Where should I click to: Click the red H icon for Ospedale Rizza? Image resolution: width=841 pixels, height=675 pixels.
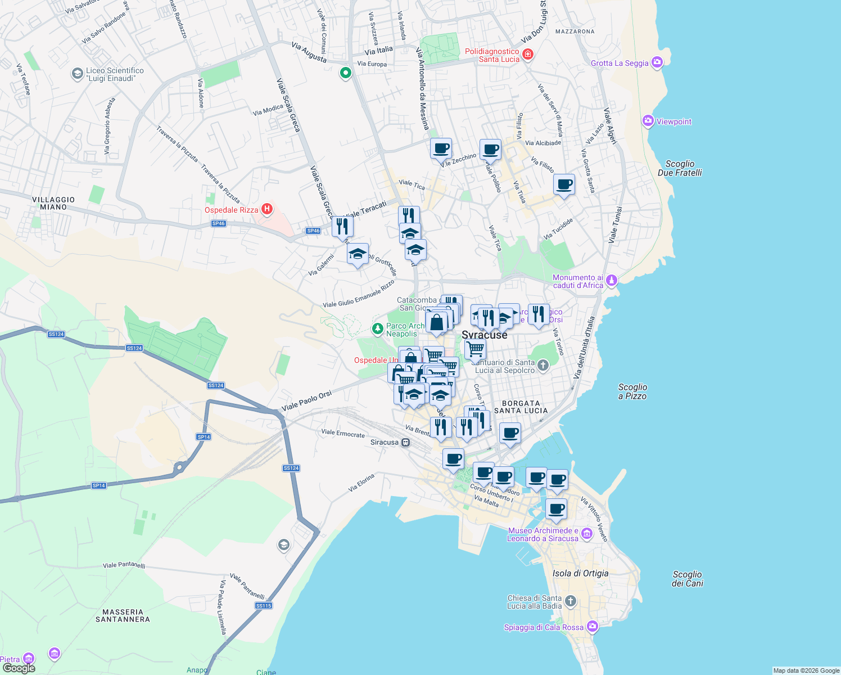(x=267, y=209)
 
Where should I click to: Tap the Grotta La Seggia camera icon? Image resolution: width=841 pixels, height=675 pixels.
(x=657, y=62)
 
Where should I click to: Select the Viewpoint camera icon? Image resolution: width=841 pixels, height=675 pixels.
(x=648, y=121)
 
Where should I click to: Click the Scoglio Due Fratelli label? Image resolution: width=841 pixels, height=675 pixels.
(x=680, y=168)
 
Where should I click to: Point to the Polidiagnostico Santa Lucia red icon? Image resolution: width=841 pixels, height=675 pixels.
(x=527, y=55)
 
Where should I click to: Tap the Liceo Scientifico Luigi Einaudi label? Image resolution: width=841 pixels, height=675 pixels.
(x=115, y=74)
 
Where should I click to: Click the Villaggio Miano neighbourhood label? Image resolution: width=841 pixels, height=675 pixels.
(x=53, y=203)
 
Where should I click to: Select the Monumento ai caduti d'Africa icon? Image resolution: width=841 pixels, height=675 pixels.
(x=612, y=280)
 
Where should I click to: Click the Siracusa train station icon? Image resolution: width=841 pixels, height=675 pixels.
(x=405, y=442)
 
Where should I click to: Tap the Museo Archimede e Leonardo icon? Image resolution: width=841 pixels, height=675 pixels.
(x=587, y=533)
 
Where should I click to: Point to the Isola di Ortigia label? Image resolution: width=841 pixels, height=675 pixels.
(x=580, y=573)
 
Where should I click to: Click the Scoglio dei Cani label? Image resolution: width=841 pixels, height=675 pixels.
(x=687, y=578)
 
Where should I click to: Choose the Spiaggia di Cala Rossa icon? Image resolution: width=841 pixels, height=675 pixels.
(x=592, y=626)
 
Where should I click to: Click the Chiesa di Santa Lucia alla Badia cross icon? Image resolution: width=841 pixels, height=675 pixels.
(x=570, y=601)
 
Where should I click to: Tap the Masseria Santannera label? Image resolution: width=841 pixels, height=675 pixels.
(x=123, y=615)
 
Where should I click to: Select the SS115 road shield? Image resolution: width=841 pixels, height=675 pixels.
(x=264, y=605)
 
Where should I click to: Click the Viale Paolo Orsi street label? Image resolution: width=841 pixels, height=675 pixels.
(x=306, y=400)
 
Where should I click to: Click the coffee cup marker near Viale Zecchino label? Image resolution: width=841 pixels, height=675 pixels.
(x=441, y=149)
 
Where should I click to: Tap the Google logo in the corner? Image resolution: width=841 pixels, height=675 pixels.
(x=19, y=668)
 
